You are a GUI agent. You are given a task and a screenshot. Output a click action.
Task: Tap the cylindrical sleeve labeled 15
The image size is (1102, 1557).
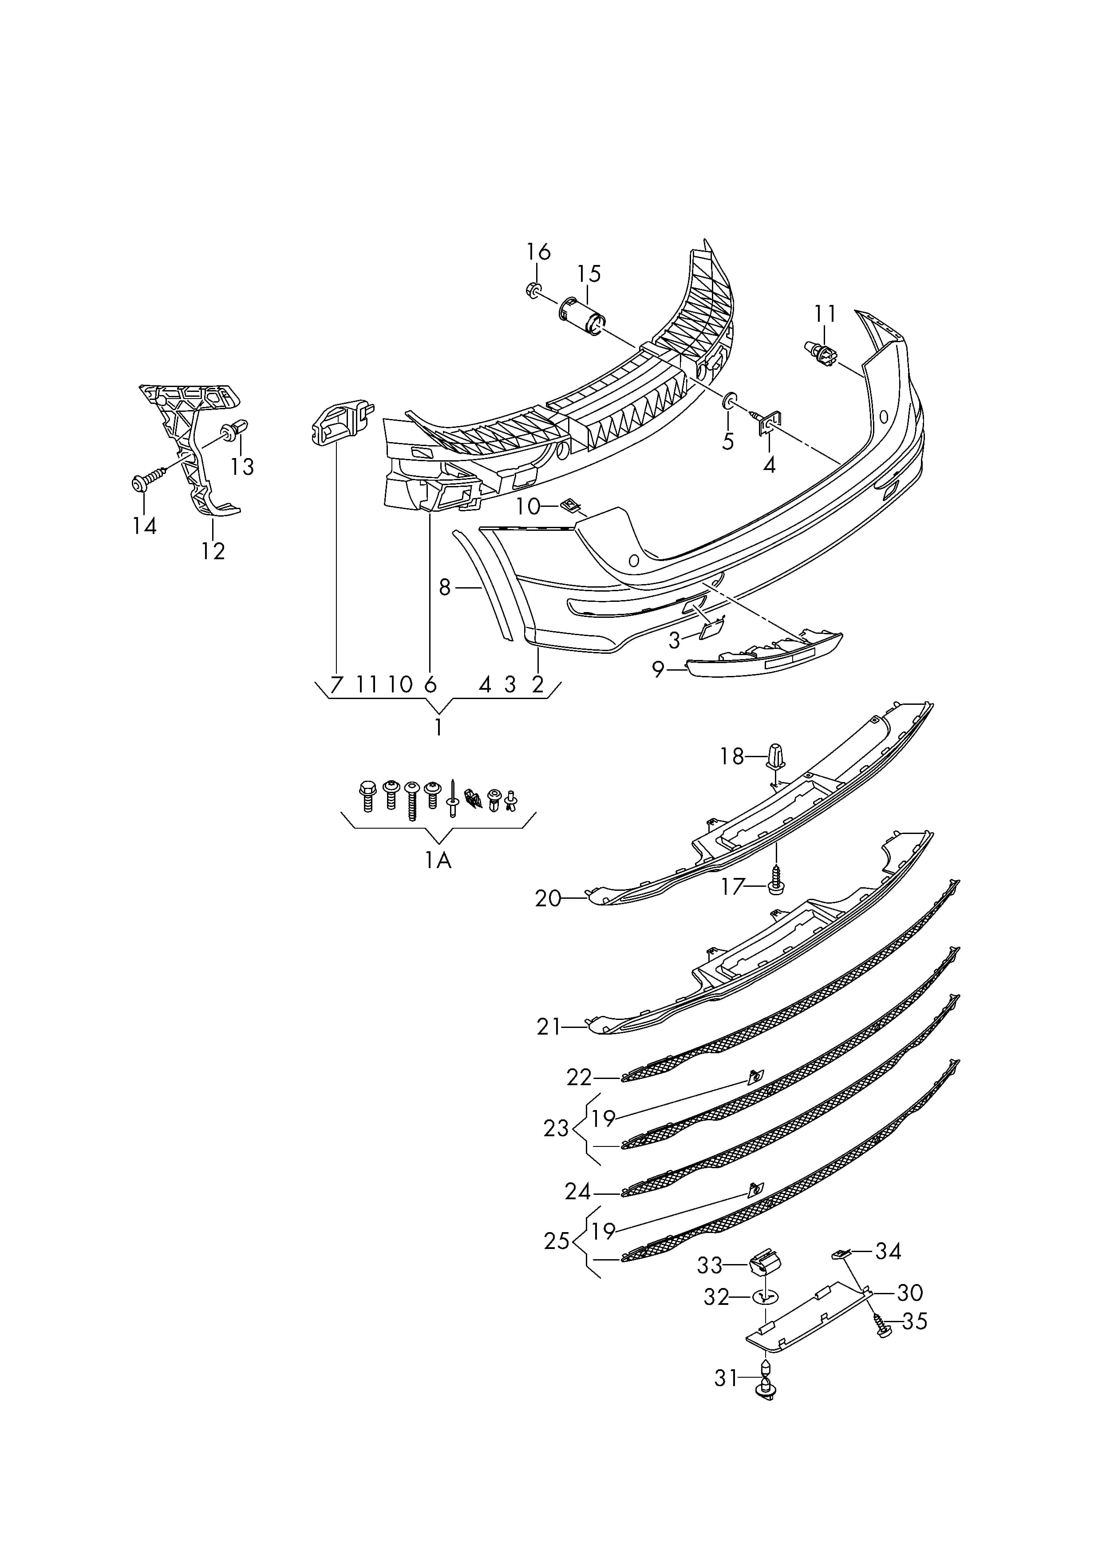click(582, 317)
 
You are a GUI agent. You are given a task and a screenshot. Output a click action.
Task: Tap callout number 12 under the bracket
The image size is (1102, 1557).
click(213, 550)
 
